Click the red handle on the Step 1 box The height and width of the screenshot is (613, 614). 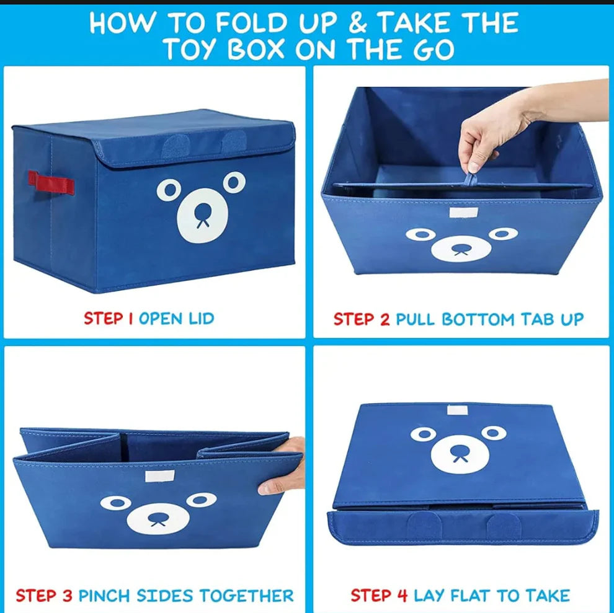click(x=51, y=183)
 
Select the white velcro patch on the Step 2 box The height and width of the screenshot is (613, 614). click(x=460, y=213)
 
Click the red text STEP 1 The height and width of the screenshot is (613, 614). click(x=109, y=319)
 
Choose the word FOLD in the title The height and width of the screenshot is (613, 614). click(x=244, y=24)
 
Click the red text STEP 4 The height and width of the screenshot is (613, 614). click(x=379, y=596)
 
